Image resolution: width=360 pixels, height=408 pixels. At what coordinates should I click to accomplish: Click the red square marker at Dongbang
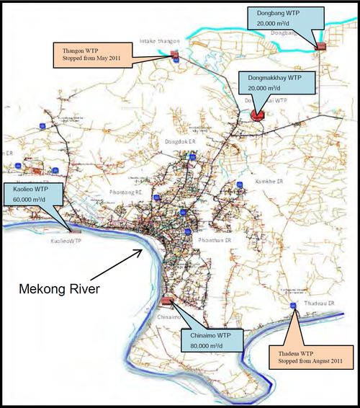pos(320,46)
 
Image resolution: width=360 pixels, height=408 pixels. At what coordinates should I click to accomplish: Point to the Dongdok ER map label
pos(177,142)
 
